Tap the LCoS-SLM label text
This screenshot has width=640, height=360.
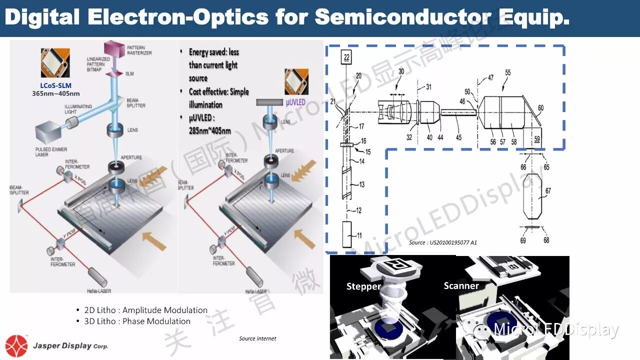coord(56,85)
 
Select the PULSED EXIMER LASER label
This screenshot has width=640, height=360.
coord(51,152)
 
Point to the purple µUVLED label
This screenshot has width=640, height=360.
coord(295,102)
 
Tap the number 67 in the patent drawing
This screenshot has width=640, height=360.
coord(548,190)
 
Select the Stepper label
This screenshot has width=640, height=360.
coord(363,286)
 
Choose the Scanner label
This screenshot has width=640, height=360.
coord(461,285)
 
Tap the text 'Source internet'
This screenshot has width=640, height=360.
coord(257,338)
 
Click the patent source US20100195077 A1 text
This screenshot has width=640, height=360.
coord(442,242)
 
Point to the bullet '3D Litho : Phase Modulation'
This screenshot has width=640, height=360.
coord(137,321)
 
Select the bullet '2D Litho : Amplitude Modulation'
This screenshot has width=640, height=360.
coord(145,310)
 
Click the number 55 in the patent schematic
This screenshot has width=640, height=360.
coord(507,72)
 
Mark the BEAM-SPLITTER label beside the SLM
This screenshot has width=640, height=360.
coord(135,102)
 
